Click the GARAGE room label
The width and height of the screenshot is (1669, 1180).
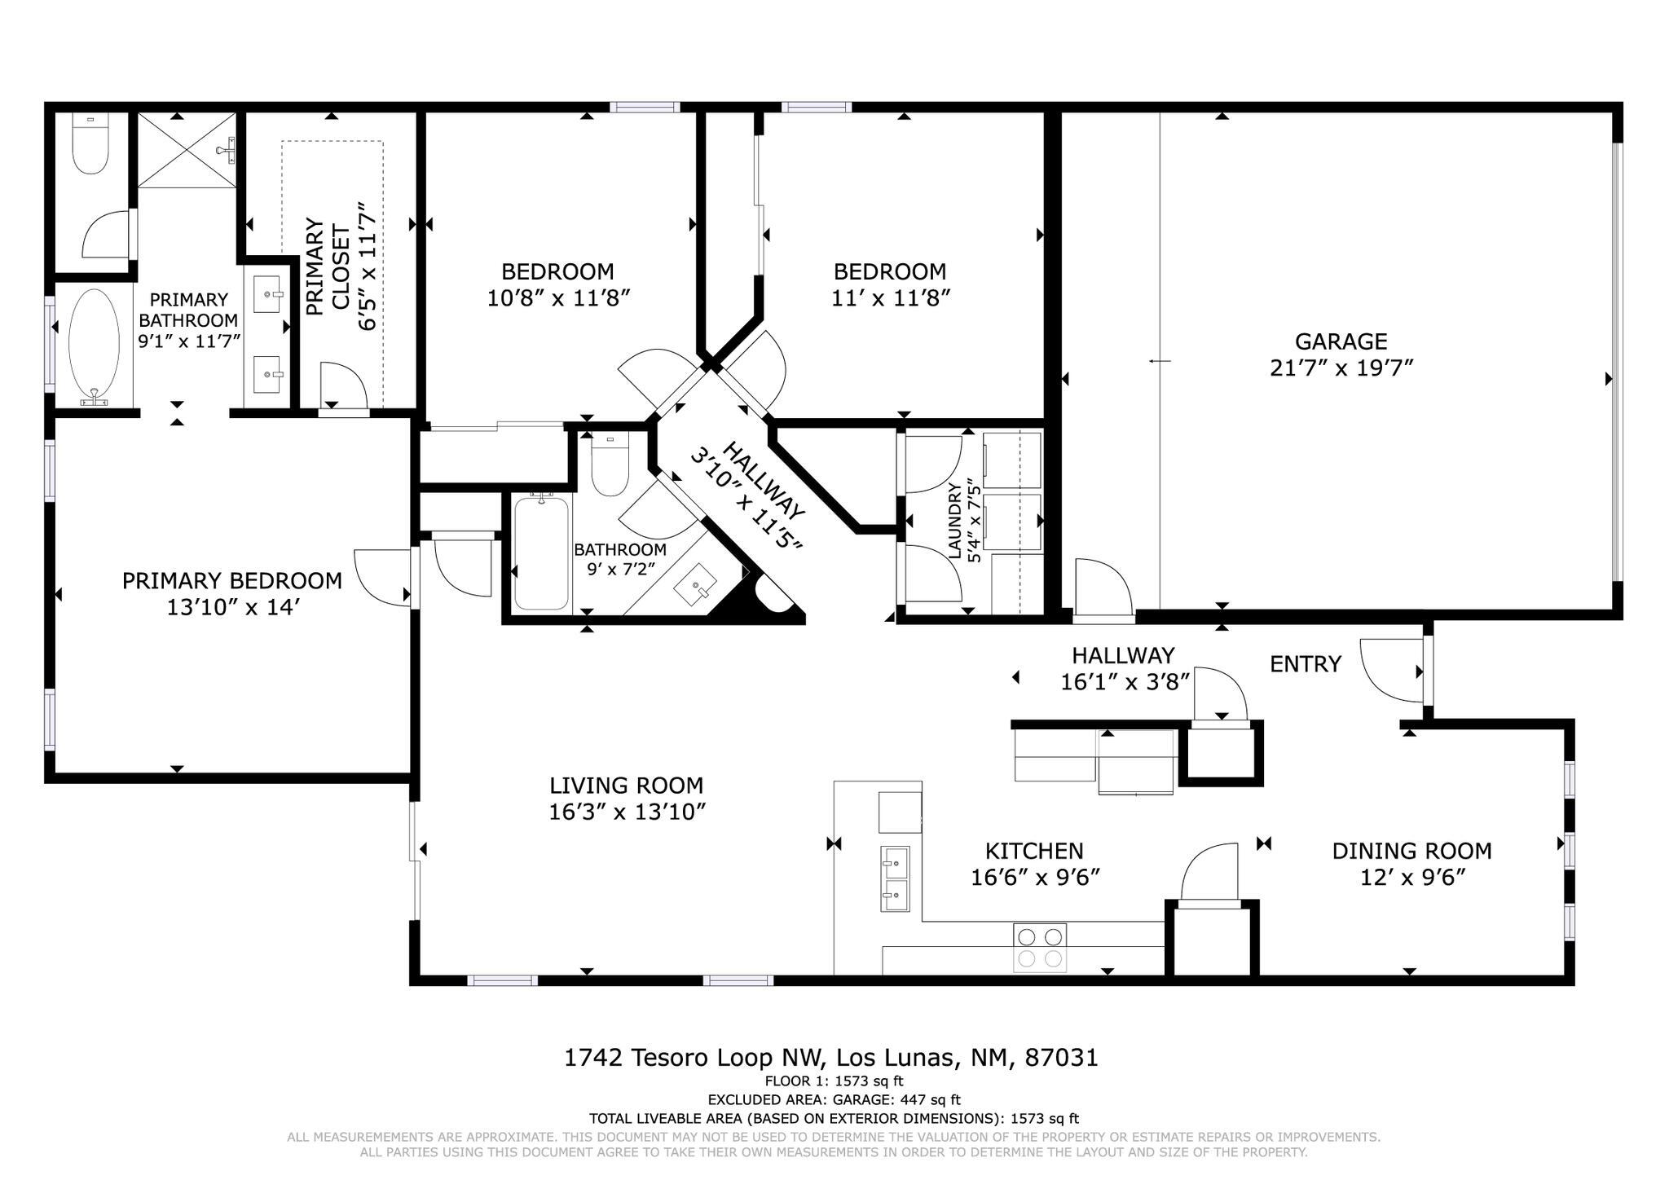[x=1341, y=341]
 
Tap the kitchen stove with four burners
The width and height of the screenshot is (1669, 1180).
[x=1039, y=947]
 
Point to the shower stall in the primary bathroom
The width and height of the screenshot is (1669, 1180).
[x=187, y=151]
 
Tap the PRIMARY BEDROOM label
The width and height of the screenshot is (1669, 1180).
[x=231, y=581]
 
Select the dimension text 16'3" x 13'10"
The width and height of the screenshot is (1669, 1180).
[x=626, y=812]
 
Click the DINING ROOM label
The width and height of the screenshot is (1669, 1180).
[x=1411, y=851]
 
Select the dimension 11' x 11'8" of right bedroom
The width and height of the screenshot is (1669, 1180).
[x=891, y=298]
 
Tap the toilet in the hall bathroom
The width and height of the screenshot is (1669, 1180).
[x=610, y=466]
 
